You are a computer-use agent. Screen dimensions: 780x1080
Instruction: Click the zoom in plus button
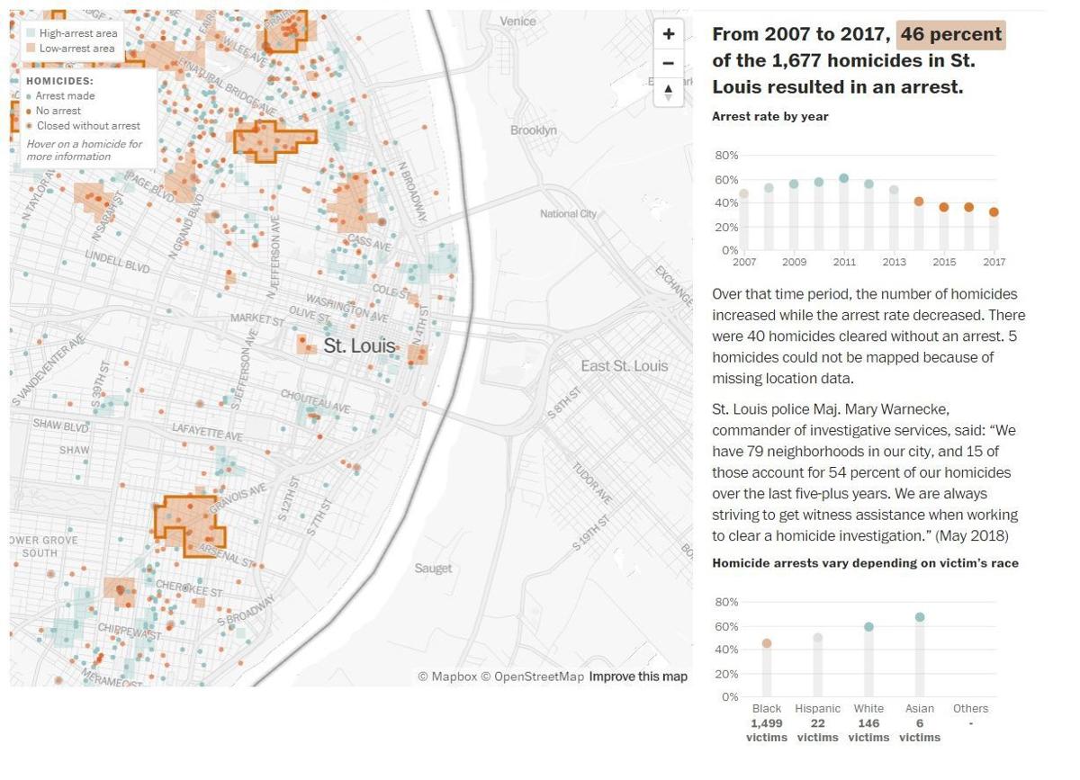(668, 34)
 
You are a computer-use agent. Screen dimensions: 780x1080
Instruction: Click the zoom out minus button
(668, 63)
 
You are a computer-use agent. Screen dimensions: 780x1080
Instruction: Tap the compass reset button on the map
(668, 91)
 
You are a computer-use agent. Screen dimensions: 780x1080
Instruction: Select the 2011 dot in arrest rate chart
(843, 178)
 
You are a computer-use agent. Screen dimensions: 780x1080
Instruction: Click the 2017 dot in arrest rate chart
(994, 212)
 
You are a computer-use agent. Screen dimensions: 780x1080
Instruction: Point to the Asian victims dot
(919, 617)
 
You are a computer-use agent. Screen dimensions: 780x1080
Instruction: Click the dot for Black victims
(767, 643)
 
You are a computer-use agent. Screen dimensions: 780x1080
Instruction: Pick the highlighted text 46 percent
(950, 35)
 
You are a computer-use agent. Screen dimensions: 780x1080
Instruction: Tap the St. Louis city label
(359, 345)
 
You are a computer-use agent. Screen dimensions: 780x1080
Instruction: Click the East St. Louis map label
(624, 365)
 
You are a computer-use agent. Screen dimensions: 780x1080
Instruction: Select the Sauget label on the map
(433, 568)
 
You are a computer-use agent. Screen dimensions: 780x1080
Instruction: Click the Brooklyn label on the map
(533, 130)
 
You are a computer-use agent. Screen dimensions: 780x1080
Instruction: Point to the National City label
(568, 213)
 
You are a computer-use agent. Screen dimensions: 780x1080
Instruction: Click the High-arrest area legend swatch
(31, 33)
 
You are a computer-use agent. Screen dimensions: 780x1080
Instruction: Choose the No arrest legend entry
(58, 111)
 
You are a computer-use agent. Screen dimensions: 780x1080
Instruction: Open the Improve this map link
(638, 677)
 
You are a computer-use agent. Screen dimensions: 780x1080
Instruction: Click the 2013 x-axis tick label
(894, 262)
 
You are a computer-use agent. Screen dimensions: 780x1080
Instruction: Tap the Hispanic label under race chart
(817, 708)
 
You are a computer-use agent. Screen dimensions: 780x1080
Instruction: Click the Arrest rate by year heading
(769, 116)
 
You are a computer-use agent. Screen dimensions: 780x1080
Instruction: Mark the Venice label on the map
(517, 21)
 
